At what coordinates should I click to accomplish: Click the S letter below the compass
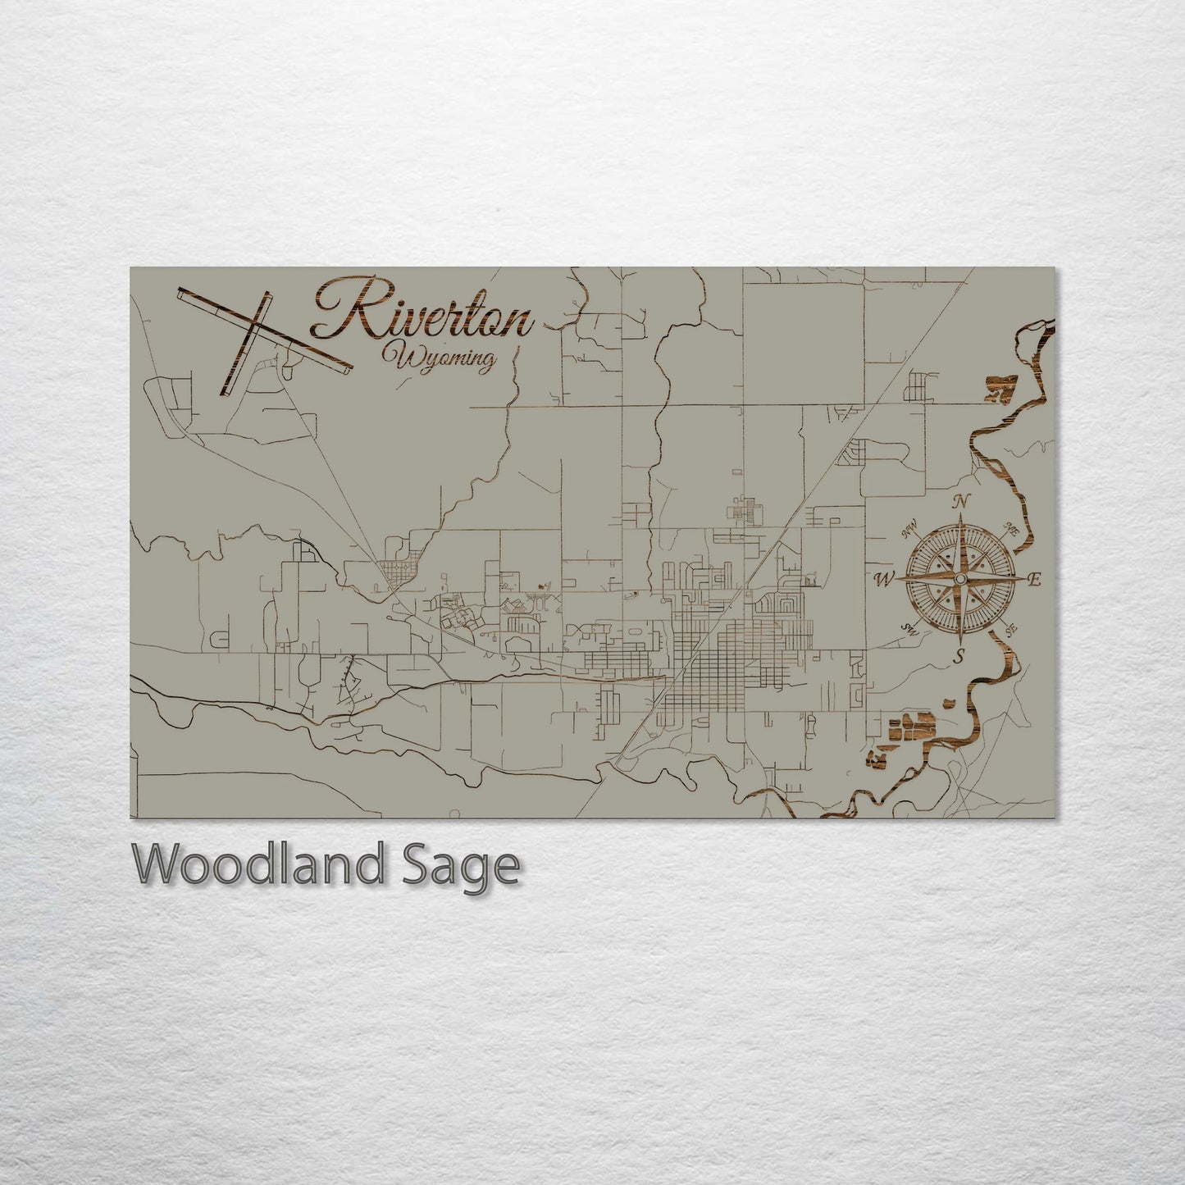point(959,656)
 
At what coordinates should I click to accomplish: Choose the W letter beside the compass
point(884,580)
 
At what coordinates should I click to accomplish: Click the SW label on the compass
point(908,629)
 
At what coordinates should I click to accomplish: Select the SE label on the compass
point(1010,629)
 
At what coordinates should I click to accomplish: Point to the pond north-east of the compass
point(1000,386)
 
